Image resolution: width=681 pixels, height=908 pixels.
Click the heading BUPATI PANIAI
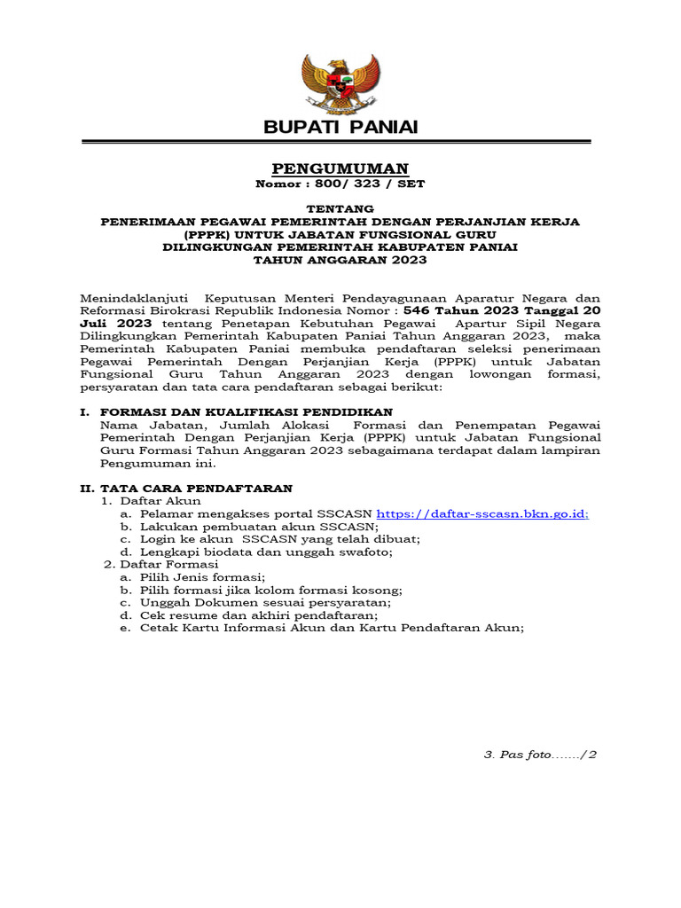(340, 128)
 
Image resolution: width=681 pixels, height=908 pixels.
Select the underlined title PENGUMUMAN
(340, 168)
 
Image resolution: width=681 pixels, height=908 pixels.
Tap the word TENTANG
(340, 207)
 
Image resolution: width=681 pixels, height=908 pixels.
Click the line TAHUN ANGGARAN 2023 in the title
(340, 260)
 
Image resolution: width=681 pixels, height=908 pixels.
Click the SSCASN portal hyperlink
(482, 513)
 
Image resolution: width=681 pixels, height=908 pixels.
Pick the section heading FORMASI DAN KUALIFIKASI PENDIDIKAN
(247, 412)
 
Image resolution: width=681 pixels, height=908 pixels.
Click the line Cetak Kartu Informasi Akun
(332, 627)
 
